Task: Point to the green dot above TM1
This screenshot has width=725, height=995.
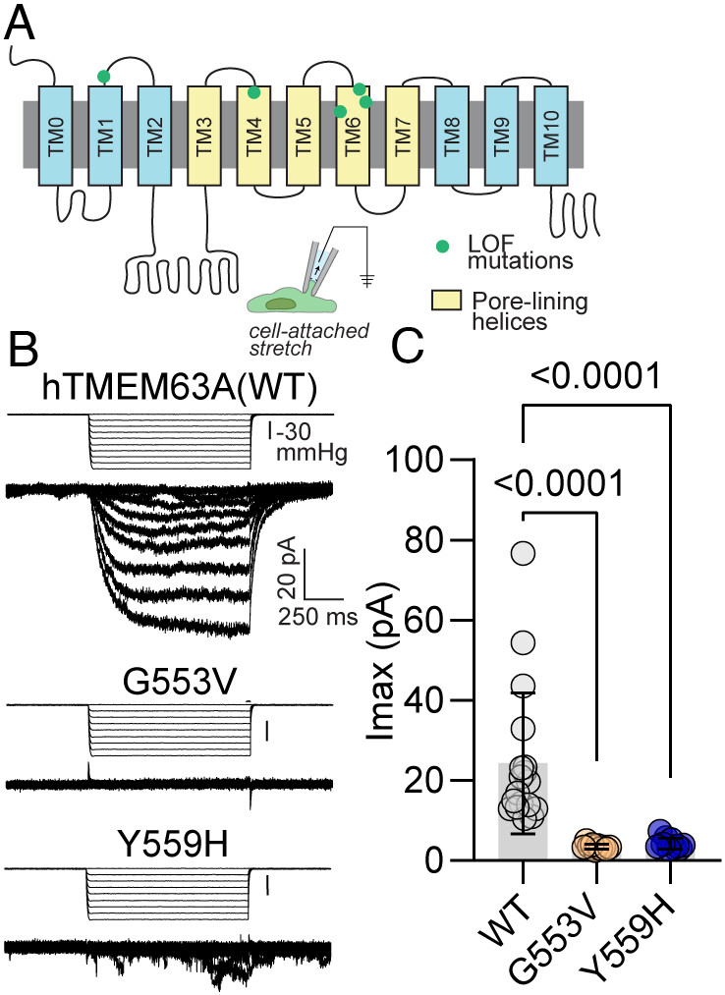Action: (x=103, y=76)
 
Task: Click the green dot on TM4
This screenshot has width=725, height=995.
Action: (x=253, y=92)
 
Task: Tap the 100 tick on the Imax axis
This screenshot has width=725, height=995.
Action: (x=419, y=461)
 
